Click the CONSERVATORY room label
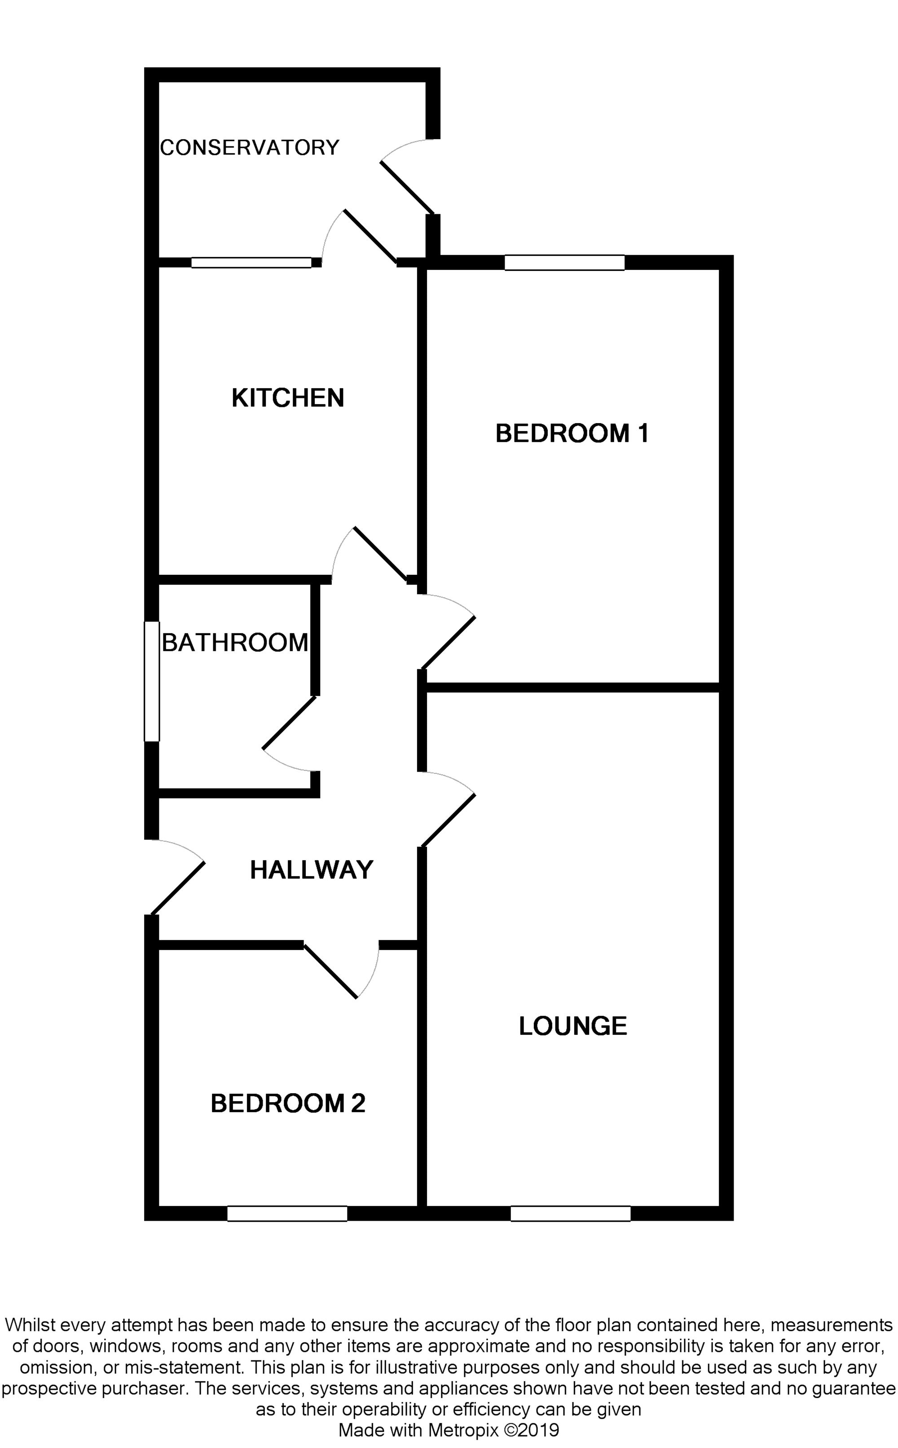point(250,147)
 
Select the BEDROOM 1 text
point(572,433)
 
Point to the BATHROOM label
point(235,643)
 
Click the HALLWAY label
point(311,870)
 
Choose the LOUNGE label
point(572,1026)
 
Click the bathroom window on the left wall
point(152,681)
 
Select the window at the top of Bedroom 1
point(564,262)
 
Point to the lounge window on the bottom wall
point(570,1214)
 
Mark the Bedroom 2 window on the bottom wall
point(287,1214)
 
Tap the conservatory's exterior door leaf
point(407,188)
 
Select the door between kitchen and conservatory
point(370,236)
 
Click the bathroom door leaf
point(289,722)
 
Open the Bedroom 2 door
point(330,971)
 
